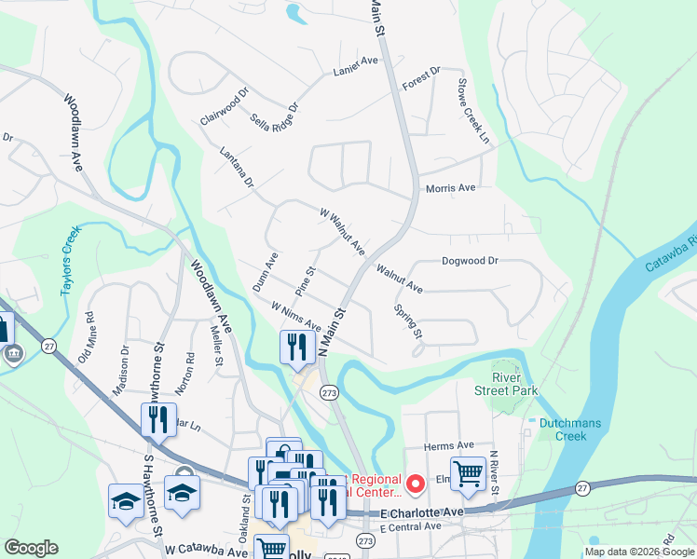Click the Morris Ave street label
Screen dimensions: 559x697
[450, 188]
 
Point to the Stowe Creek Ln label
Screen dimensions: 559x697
[472, 111]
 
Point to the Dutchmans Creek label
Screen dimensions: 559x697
[565, 429]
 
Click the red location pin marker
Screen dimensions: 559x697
[416, 483]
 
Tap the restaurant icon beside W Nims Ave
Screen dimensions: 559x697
[296, 348]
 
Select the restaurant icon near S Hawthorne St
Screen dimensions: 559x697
[158, 419]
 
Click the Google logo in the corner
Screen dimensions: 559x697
[31, 548]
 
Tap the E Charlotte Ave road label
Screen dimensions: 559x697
[421, 513]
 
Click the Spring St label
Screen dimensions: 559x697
[409, 320]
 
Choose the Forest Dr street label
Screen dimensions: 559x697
[421, 79]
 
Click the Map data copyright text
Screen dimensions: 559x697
[638, 551]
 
